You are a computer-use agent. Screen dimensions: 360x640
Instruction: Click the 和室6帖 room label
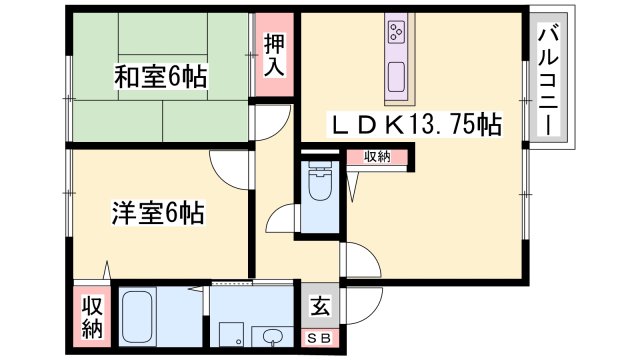click(x=160, y=77)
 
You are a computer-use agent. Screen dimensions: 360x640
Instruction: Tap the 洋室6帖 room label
click(x=158, y=213)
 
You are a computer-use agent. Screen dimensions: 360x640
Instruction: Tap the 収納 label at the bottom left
click(x=92, y=316)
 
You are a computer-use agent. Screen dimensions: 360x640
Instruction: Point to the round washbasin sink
click(x=271, y=335)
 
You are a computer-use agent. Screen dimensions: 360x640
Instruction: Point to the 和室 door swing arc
click(x=267, y=121)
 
